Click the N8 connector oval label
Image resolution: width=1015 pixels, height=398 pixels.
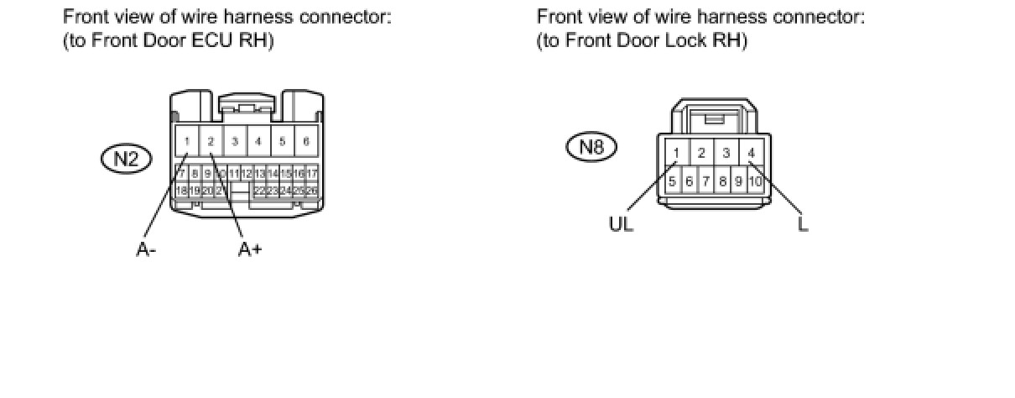(x=592, y=148)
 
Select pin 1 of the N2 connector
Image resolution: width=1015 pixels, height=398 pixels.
(x=187, y=141)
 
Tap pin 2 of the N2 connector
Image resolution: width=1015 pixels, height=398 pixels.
(x=211, y=141)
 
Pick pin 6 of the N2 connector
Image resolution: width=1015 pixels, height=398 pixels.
(x=306, y=141)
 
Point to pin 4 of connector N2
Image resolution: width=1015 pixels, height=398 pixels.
(x=258, y=141)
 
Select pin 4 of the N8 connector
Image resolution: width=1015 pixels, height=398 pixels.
(x=751, y=152)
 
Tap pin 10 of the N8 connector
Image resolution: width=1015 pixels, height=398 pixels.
(x=754, y=181)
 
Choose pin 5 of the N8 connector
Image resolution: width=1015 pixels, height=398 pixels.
(x=672, y=181)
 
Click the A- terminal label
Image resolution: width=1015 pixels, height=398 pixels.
(x=146, y=249)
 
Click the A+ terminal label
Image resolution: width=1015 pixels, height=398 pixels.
(x=249, y=249)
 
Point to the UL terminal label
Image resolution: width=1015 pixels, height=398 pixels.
(x=622, y=225)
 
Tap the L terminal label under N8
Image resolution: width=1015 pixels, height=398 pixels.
(x=803, y=225)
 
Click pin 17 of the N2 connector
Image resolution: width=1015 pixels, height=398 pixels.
(x=311, y=174)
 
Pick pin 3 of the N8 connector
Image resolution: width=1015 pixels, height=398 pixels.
(x=726, y=152)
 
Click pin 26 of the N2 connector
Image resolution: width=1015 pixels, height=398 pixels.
(x=311, y=191)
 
